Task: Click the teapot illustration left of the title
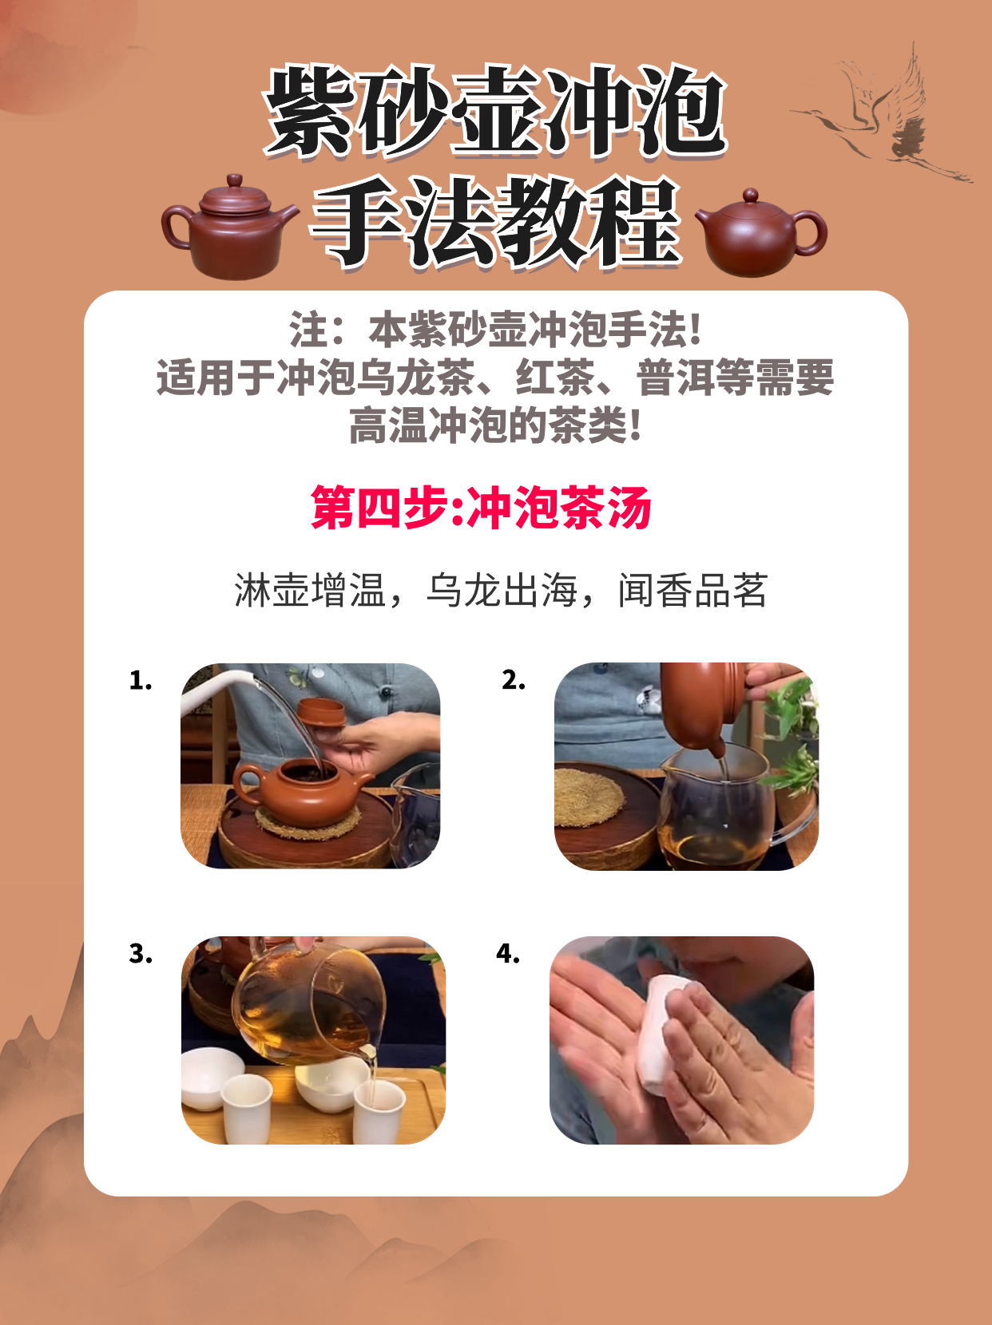229,228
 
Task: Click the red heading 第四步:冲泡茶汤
481,508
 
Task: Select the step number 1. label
141,680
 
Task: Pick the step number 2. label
514,680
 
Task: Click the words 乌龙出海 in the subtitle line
501,591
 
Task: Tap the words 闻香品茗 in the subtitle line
692,591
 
